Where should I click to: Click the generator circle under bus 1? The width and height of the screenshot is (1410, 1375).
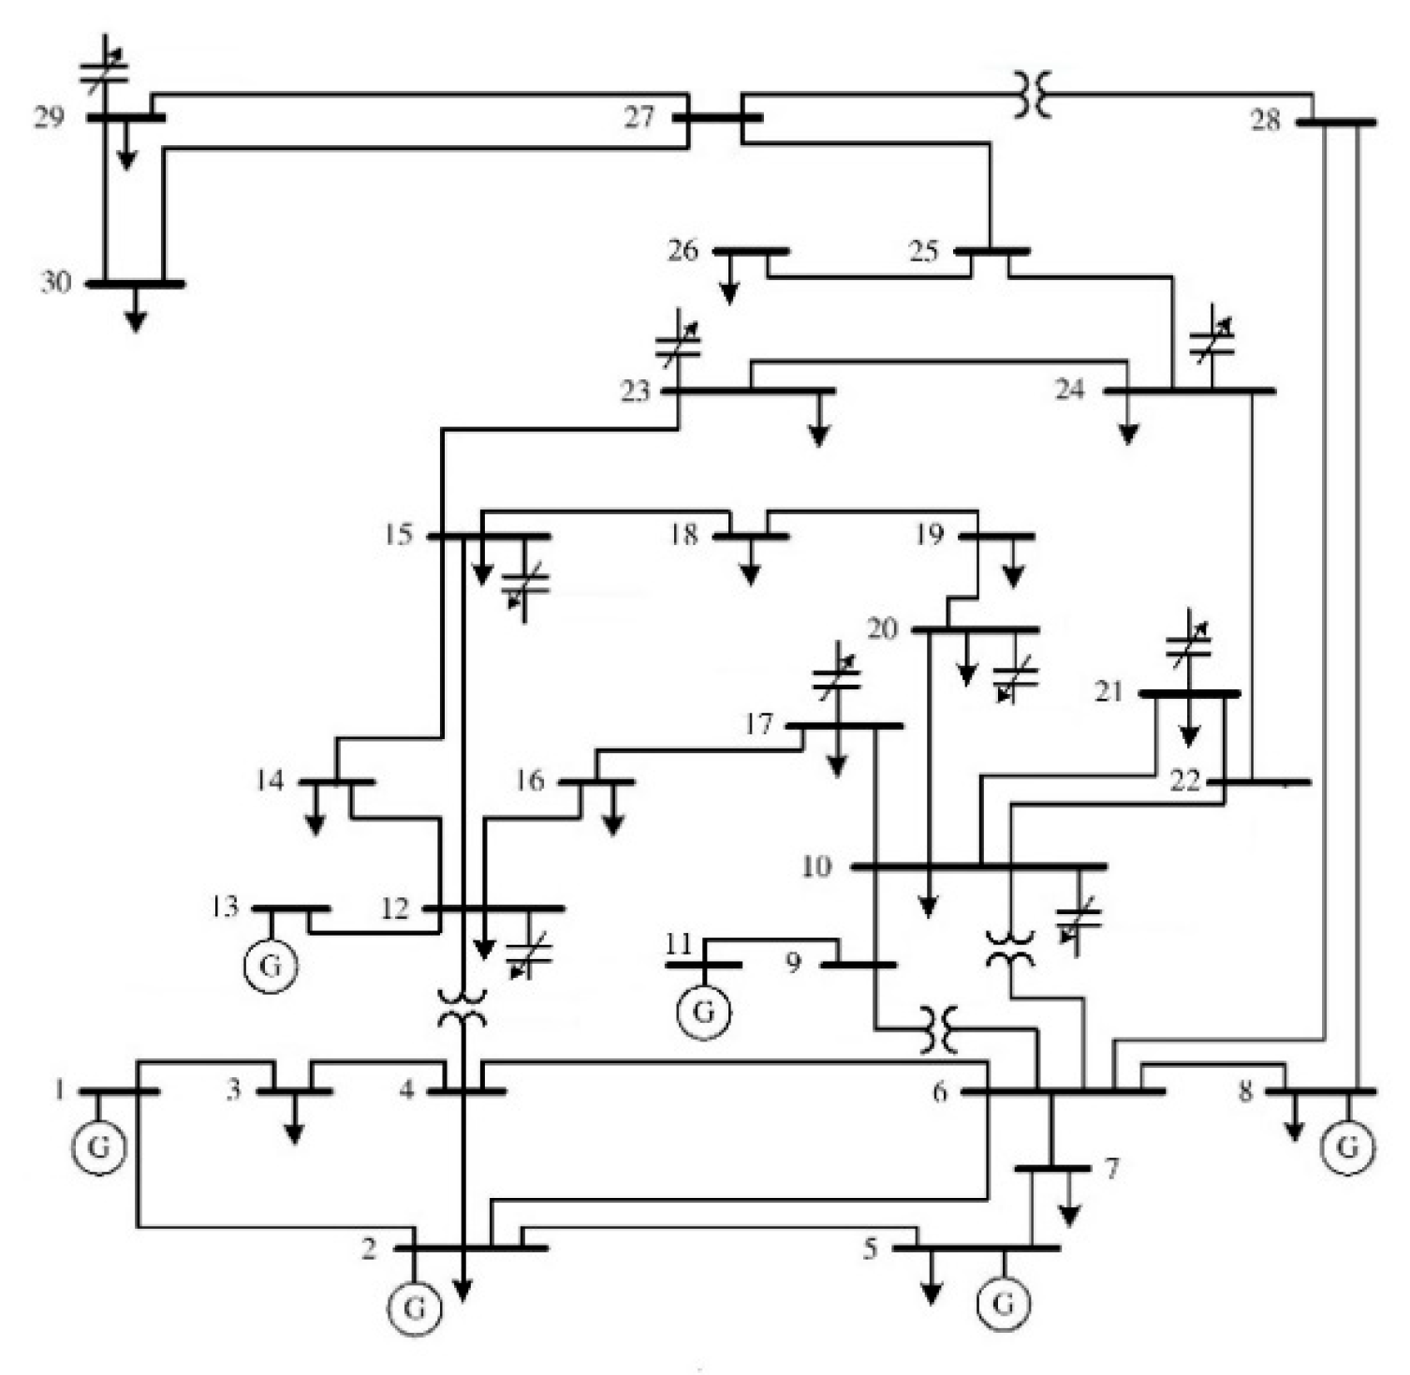100,1146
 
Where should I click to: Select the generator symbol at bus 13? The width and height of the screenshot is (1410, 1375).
271,965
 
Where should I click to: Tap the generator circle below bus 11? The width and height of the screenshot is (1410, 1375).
704,1012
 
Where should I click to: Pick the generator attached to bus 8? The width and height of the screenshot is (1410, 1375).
1347,1146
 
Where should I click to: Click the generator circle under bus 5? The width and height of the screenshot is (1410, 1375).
1004,1302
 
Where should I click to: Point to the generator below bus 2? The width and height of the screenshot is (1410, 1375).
416,1307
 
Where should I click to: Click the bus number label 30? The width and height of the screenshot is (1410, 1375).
55,281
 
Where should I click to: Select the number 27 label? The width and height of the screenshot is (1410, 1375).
640,117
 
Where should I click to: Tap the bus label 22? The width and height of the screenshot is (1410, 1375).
1185,780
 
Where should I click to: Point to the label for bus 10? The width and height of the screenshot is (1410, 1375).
816,866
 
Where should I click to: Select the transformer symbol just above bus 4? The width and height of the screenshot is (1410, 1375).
463,1010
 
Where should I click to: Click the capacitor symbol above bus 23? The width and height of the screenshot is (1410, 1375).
679,344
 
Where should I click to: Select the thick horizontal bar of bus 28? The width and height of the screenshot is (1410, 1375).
1336,122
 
